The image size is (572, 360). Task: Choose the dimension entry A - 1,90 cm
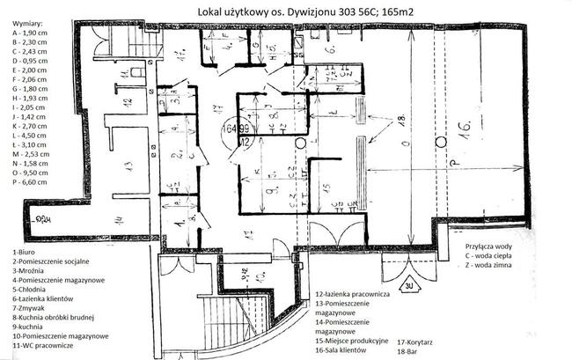[30, 29]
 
